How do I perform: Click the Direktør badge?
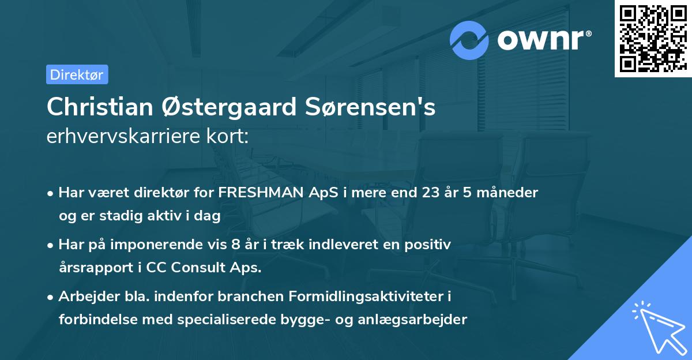pyautogui.click(x=77, y=74)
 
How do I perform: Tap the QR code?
pyautogui.click(x=653, y=38)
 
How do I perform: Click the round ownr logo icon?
pyautogui.click(x=469, y=40)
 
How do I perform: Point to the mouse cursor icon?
pyautogui.click(x=659, y=327)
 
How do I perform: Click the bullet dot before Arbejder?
pyautogui.click(x=51, y=298)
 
